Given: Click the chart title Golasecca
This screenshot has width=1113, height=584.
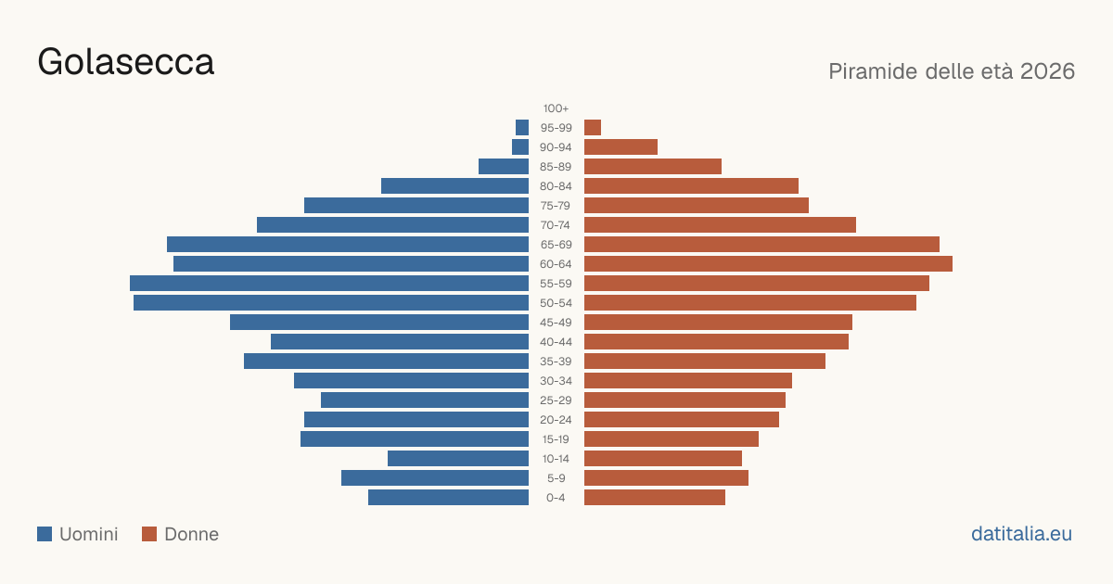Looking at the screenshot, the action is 126,62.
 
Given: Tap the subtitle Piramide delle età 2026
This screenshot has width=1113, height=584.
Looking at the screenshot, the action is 952,71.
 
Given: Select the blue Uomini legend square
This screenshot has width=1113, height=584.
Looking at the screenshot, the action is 45,534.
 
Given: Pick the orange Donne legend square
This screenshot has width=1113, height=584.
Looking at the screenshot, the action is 149,534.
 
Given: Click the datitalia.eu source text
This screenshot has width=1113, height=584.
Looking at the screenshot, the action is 1021,534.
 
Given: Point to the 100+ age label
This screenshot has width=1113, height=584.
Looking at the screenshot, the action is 556,108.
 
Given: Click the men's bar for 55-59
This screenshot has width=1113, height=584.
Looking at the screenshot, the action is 329,283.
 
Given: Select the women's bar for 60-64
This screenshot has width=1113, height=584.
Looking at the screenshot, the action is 768,263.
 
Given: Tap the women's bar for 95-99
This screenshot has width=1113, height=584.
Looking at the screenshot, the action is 593,128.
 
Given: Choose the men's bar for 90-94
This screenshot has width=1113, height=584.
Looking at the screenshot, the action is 520,147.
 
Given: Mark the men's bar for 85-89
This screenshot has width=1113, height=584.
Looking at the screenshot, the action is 504,166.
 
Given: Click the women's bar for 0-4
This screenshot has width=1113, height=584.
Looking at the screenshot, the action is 655,498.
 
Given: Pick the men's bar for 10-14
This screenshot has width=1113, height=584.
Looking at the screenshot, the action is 458,458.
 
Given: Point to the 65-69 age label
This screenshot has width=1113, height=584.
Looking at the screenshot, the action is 556,245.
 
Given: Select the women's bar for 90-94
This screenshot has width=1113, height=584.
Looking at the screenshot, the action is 620,147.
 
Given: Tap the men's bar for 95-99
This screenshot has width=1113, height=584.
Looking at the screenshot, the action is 522,128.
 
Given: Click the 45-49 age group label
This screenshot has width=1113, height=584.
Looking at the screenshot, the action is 556,323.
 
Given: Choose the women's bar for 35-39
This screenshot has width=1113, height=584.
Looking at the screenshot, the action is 705,361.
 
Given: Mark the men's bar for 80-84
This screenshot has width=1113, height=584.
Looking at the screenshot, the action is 454,185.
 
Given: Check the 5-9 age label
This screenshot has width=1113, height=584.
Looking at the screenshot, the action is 556,478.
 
